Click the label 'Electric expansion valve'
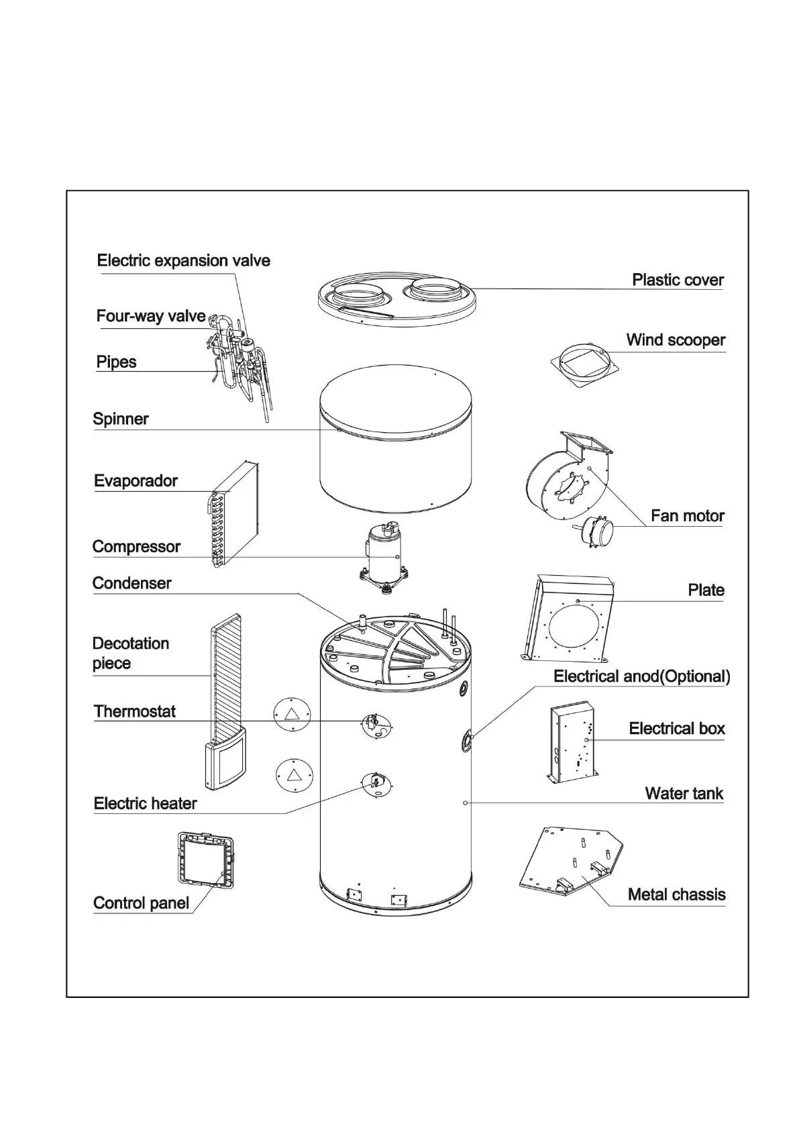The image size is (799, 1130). [183, 260]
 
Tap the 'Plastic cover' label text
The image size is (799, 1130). [678, 280]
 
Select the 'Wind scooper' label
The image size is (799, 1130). [676, 340]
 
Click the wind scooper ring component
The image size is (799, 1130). [584, 363]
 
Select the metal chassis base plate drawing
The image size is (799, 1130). [570, 862]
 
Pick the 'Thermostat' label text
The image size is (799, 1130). [134, 711]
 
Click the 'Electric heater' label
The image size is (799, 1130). [145, 803]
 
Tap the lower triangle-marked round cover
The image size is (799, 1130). [294, 775]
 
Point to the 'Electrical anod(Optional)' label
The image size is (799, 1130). [641, 676]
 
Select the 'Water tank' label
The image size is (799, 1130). [684, 794]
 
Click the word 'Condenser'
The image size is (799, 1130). [131, 583]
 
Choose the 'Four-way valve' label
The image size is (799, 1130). [151, 316]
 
